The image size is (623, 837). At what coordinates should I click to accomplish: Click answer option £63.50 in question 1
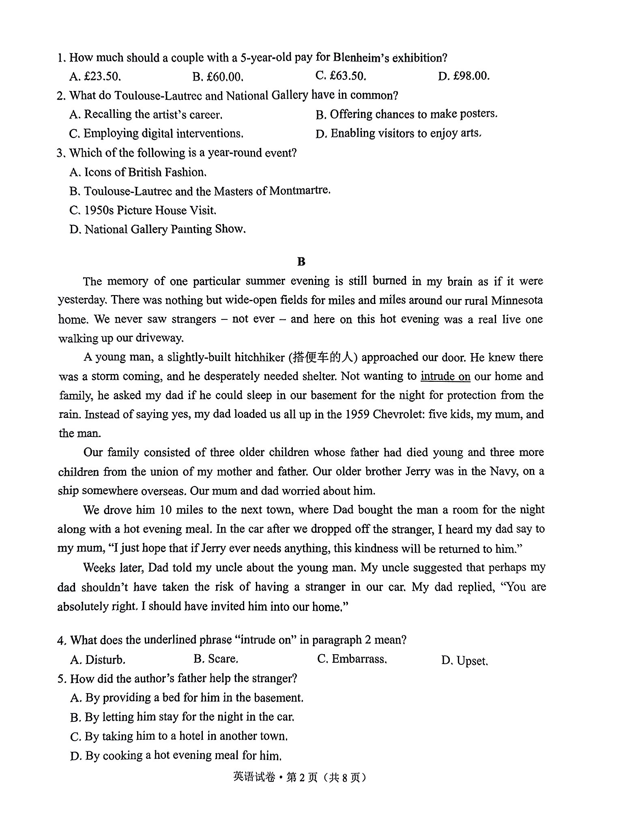coord(341,76)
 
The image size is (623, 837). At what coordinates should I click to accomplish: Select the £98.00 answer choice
coord(464,76)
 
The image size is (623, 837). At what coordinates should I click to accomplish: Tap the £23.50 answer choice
coord(95,76)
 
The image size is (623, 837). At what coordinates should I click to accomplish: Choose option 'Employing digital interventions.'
coord(157,133)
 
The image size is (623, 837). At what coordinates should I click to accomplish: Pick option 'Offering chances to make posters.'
coord(406,114)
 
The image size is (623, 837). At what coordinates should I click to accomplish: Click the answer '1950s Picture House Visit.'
coord(143,210)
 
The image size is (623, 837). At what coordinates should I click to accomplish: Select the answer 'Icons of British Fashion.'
coord(138,172)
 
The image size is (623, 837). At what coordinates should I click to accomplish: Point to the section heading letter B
coord(301,261)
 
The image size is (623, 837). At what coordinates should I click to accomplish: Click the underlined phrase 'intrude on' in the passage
coord(445,376)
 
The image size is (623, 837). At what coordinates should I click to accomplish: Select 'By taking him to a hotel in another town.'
coord(179,736)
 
